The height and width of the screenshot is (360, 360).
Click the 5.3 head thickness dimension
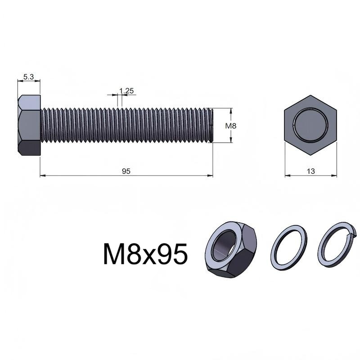click(28, 77)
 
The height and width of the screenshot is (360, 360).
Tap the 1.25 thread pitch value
click(126, 91)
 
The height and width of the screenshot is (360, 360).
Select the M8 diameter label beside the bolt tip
click(230, 126)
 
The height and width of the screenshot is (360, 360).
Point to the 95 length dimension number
click(126, 171)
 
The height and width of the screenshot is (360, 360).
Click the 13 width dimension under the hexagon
click(311, 171)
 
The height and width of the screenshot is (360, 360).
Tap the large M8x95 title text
click(145, 254)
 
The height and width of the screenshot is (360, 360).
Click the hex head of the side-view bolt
click(29, 125)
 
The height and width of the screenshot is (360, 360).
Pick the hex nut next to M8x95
click(230, 250)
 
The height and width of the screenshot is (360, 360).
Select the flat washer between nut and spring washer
click(289, 248)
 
